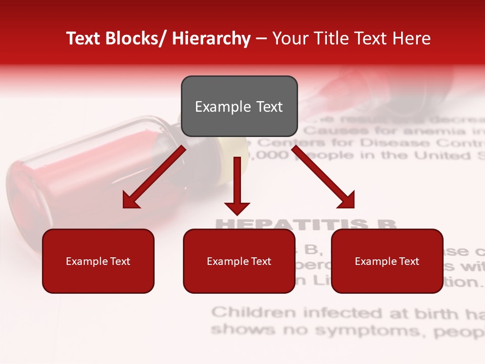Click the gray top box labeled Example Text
[x=239, y=106]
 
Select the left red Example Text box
[x=98, y=261]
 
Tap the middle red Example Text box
[x=239, y=261]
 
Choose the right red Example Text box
[x=387, y=261]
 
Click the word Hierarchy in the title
[x=211, y=38]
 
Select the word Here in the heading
[x=412, y=38]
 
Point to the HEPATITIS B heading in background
[x=306, y=224]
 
